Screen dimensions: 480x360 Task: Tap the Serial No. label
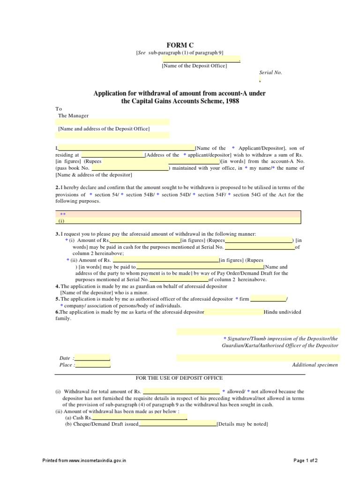pyautogui.click(x=271, y=73)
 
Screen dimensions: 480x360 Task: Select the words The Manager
pyautogui.click(x=73, y=115)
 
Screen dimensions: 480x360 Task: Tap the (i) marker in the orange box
pyautogui.click(x=61, y=220)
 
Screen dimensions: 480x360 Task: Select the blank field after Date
pyautogui.click(x=92, y=358)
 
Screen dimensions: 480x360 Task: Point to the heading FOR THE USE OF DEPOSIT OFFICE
pyautogui.click(x=179, y=378)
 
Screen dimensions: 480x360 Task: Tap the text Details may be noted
pyautogui.click(x=242, y=424)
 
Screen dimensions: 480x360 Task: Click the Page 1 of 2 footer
pyautogui.click(x=306, y=461)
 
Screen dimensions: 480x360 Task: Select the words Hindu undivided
pyautogui.click(x=283, y=312)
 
